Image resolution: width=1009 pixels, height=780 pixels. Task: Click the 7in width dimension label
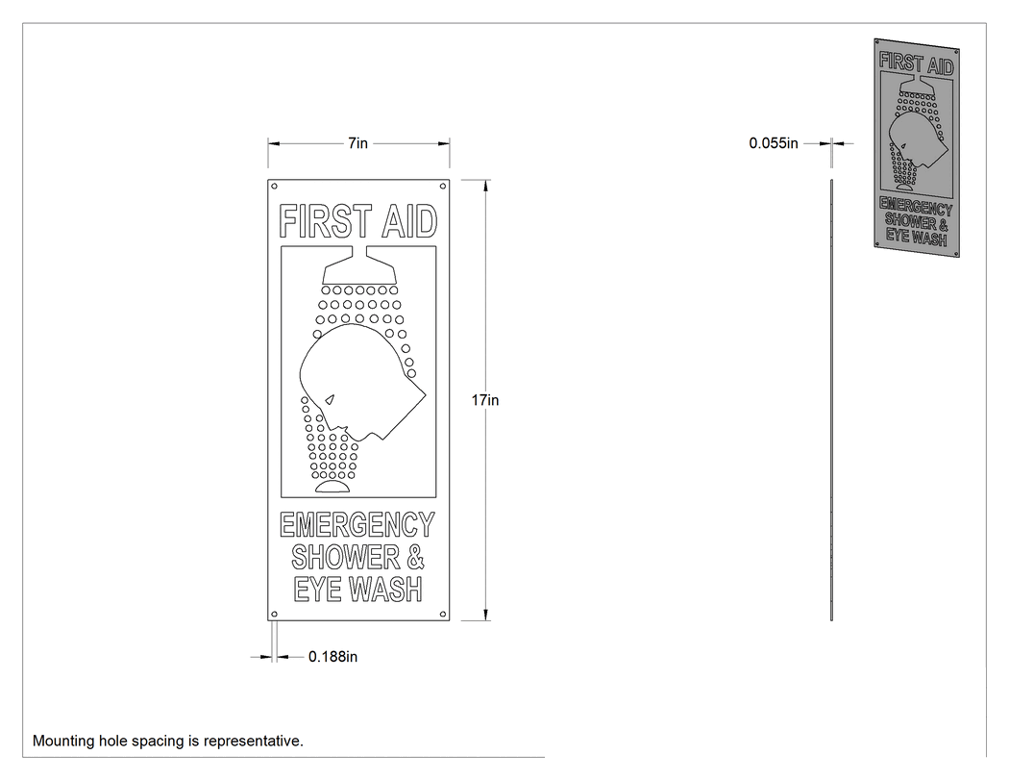point(357,143)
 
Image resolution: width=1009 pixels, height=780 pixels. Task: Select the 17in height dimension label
point(485,400)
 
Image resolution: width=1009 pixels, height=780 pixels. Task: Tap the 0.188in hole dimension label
point(332,656)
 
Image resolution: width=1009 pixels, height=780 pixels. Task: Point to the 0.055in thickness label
point(774,143)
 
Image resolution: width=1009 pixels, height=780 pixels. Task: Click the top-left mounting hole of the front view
point(274,187)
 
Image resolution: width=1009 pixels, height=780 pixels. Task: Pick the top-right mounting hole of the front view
point(443,187)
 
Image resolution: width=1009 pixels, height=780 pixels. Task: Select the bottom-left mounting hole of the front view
point(274,614)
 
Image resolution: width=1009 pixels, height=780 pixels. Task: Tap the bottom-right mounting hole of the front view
point(443,614)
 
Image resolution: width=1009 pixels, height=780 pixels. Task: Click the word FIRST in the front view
point(326,221)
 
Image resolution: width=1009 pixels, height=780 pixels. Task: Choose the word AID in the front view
point(410,221)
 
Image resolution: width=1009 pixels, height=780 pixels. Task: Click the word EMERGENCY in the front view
point(357,525)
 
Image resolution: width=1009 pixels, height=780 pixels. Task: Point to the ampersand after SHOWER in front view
point(416,557)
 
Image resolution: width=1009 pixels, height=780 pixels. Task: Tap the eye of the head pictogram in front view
point(331,400)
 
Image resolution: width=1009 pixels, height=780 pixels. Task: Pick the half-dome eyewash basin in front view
point(332,487)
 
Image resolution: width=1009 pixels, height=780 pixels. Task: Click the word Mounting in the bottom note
point(62,742)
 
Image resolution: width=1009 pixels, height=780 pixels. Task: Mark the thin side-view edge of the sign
point(831,400)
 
